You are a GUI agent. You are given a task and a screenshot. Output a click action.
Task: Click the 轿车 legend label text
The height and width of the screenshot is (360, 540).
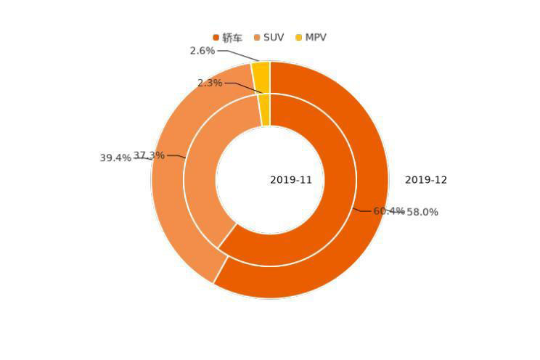(232, 38)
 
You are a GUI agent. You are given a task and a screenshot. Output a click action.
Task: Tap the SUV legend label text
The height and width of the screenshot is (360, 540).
(274, 38)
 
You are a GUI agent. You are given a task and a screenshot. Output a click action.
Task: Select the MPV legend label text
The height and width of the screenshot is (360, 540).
(316, 38)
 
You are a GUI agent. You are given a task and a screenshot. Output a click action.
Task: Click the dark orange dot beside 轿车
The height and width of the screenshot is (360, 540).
(216, 38)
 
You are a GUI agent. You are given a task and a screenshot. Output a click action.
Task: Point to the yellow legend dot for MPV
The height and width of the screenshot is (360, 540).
(299, 38)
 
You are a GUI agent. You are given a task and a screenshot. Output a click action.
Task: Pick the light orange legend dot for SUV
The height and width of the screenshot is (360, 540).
(258, 38)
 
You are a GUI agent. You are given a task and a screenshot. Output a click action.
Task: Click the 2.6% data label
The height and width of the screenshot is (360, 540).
(202, 51)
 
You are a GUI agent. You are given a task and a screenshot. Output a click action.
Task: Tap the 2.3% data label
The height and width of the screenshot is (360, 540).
(210, 83)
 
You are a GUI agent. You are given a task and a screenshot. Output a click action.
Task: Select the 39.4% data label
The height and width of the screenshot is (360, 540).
(115, 157)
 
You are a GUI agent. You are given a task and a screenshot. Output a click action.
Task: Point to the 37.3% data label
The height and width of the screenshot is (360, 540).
(149, 155)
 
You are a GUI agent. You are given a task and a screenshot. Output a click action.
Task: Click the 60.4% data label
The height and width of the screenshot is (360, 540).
(388, 211)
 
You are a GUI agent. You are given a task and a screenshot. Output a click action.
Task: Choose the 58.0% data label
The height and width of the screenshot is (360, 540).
(422, 212)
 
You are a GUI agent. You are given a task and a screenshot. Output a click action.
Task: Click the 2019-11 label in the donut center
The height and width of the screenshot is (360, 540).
(291, 180)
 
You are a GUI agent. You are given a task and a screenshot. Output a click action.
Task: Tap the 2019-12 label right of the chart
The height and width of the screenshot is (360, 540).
(426, 180)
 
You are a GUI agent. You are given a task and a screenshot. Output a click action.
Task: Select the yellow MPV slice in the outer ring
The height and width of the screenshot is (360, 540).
(261, 77)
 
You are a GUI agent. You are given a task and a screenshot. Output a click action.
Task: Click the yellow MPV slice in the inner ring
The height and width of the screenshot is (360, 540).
(265, 110)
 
